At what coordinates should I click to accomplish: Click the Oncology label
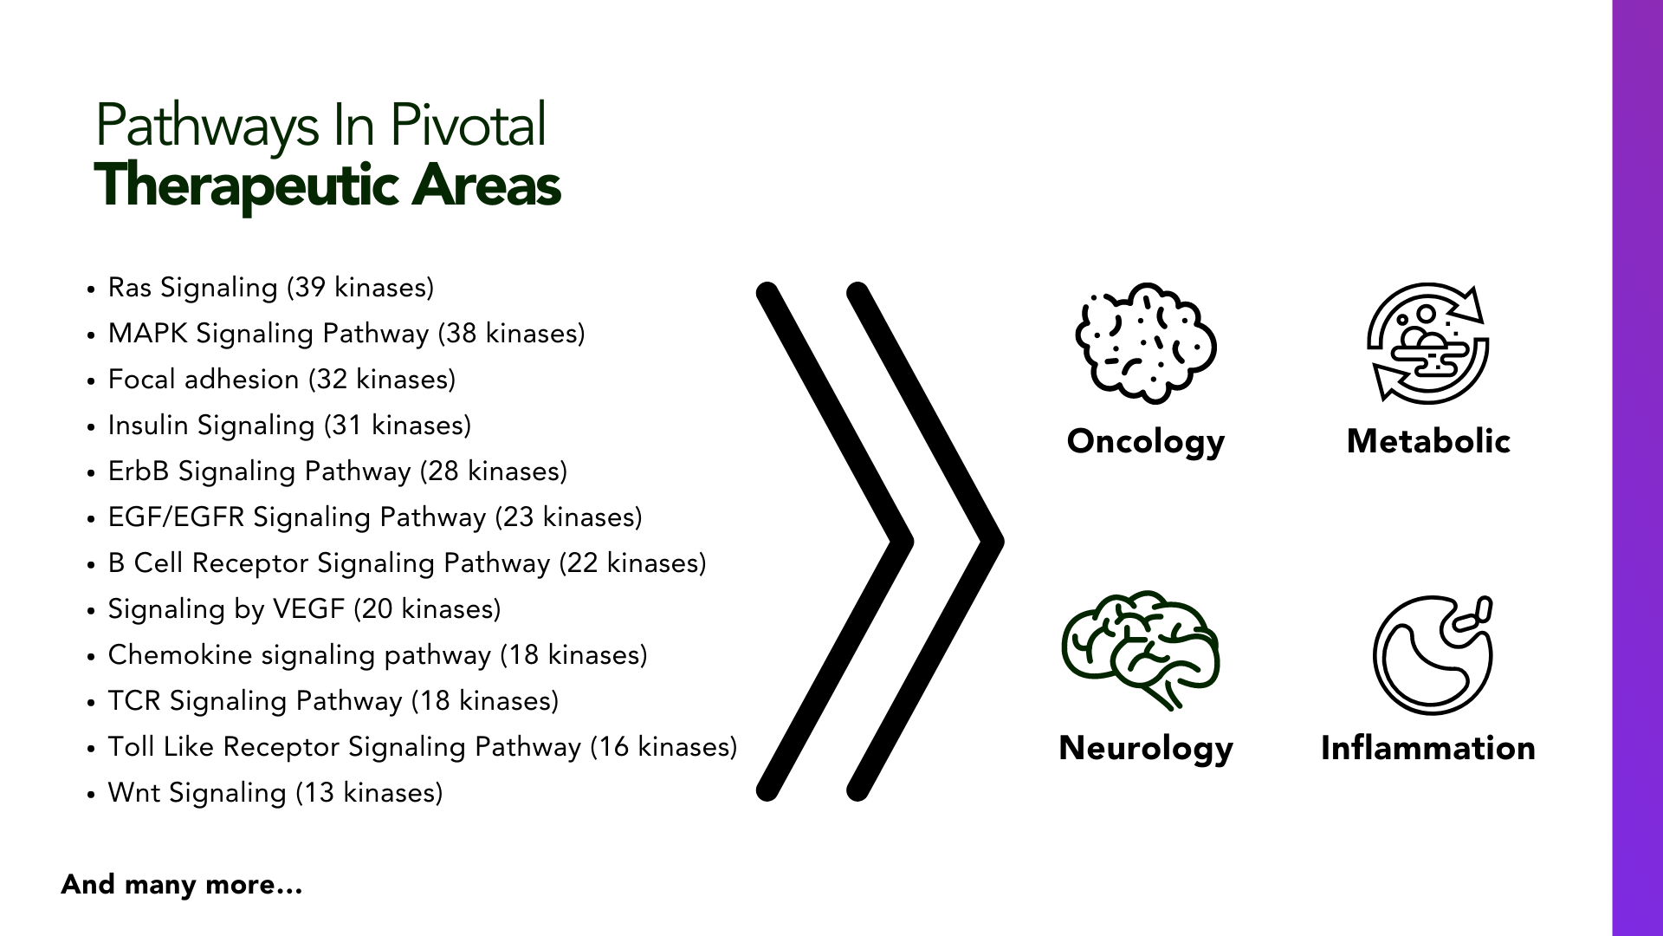(1146, 442)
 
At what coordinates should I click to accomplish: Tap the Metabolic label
(1428, 441)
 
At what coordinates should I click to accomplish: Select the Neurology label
(1146, 749)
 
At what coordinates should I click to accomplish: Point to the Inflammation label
(1428, 748)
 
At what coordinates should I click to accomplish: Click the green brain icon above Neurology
(1141, 650)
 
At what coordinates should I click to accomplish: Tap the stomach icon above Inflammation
(1433, 654)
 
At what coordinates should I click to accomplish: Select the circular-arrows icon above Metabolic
(1428, 342)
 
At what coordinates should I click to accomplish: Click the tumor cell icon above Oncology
(1146, 342)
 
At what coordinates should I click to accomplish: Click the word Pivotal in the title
(468, 125)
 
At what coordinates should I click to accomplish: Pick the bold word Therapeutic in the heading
(246, 185)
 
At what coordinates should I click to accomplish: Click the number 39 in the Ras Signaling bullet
(310, 288)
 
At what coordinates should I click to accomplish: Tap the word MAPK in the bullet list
(147, 334)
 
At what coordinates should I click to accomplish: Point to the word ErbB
(139, 471)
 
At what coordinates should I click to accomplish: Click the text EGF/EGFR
(177, 517)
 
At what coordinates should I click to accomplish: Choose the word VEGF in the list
(308, 609)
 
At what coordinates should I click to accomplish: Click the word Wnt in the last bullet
(134, 793)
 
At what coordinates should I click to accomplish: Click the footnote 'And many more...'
(182, 885)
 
